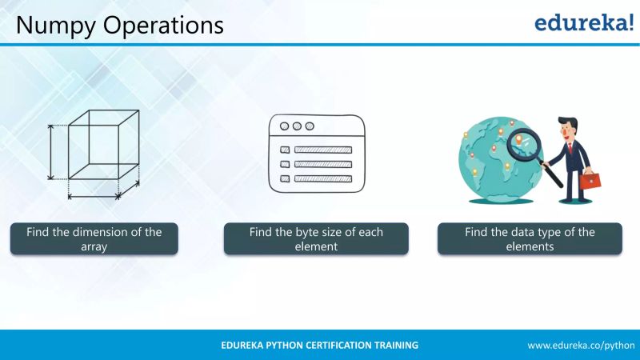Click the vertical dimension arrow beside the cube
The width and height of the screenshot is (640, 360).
tap(51, 152)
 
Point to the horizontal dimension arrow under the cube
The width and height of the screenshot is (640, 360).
tap(94, 194)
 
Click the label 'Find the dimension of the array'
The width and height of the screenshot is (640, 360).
tap(94, 239)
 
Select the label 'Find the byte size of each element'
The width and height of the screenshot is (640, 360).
tap(316, 239)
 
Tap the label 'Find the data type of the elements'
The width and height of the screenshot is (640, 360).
tap(530, 239)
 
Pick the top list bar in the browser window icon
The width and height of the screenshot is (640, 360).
tap(322, 150)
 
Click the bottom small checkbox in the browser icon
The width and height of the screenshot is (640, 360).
tap(284, 178)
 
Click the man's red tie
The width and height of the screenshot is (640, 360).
tap(570, 151)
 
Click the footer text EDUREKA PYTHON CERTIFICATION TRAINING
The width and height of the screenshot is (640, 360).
tap(320, 345)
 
